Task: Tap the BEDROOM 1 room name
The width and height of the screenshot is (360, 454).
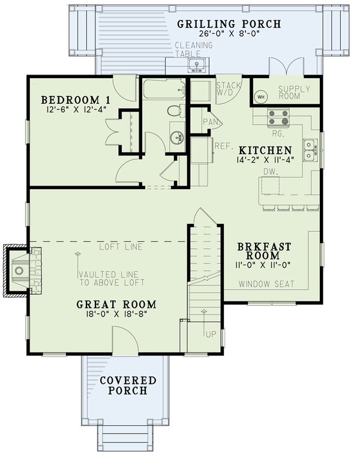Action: pyautogui.click(x=68, y=99)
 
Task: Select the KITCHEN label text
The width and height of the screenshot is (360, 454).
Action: pyautogui.click(x=265, y=150)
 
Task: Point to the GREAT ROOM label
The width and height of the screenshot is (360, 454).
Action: pyautogui.click(x=116, y=304)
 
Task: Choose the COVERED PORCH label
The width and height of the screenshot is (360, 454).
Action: pyautogui.click(x=128, y=386)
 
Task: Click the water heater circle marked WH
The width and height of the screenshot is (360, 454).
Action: pyautogui.click(x=261, y=97)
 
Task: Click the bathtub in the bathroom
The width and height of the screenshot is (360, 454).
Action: pyautogui.click(x=163, y=91)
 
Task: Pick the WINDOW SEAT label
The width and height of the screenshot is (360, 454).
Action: pyautogui.click(x=266, y=284)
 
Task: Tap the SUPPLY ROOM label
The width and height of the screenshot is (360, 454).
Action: pyautogui.click(x=294, y=92)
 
